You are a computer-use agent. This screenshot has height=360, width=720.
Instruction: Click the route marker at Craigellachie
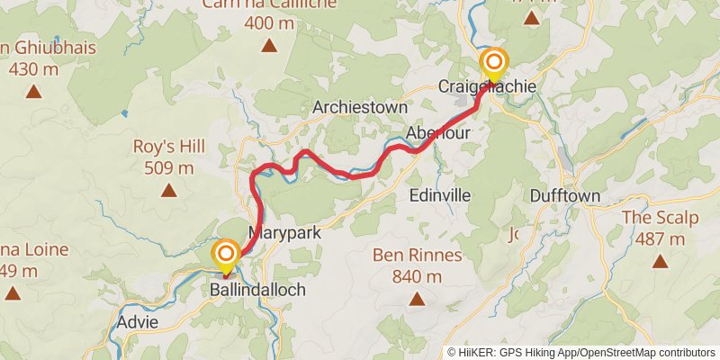(x=494, y=63)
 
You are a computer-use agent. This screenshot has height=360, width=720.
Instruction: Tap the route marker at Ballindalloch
(x=225, y=256)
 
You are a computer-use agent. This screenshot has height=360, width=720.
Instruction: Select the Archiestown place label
(x=360, y=107)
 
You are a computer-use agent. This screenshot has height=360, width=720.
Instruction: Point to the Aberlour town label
(x=438, y=132)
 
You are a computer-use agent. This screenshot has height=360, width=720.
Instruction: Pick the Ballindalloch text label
(x=257, y=290)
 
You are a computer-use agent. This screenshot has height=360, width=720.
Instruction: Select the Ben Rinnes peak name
(x=418, y=256)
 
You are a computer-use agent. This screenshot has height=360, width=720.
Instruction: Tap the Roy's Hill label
(x=169, y=147)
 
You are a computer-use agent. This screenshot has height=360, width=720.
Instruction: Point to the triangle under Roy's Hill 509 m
(x=168, y=189)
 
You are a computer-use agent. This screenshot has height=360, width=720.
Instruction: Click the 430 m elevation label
(x=34, y=68)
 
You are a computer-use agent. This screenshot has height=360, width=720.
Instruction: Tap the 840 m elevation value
(x=418, y=276)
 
